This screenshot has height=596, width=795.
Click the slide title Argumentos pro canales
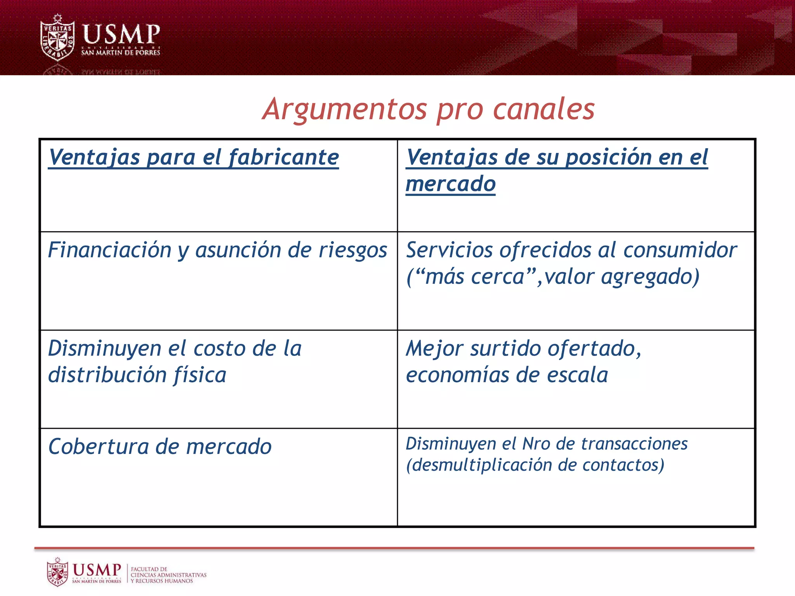point(428,109)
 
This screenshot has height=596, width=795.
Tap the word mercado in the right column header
point(450,184)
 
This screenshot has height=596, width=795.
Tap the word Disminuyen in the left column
point(104,348)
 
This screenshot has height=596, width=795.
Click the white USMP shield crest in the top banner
point(57,38)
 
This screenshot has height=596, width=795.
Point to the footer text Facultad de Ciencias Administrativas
point(168,575)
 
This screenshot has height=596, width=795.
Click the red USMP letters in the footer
point(97,570)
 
